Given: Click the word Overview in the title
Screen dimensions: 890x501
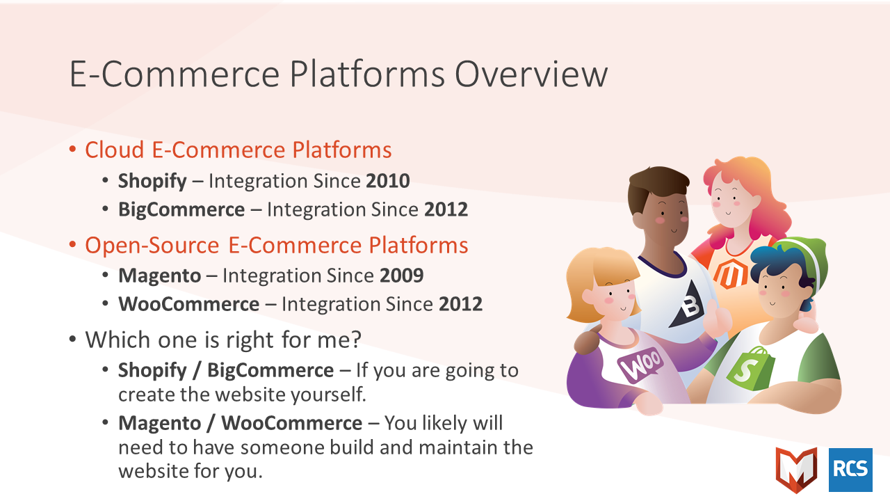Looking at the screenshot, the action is click(531, 74).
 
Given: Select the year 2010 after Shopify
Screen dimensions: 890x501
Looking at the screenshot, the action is click(388, 181).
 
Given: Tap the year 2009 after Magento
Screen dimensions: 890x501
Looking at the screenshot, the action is click(402, 276).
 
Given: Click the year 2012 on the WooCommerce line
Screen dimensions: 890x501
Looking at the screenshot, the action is click(460, 304).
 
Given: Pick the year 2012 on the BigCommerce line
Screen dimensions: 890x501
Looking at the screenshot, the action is click(446, 209).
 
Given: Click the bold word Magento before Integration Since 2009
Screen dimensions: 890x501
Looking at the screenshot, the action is click(160, 276).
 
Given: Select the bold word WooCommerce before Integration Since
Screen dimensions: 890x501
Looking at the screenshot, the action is click(189, 304).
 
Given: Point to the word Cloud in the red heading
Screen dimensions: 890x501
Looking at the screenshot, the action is click(115, 150).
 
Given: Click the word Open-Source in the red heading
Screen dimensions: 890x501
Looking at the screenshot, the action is click(152, 245).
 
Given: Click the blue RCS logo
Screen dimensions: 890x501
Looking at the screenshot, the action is click(850, 470).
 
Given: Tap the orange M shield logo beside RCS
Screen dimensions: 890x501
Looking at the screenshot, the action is click(797, 470).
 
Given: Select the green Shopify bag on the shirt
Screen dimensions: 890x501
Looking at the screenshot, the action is click(750, 369).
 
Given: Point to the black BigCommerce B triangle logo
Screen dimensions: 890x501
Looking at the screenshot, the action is click(687, 304).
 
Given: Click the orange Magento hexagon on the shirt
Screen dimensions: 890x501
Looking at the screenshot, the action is click(730, 274).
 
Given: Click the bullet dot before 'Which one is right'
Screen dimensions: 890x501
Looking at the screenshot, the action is click(72, 340).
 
